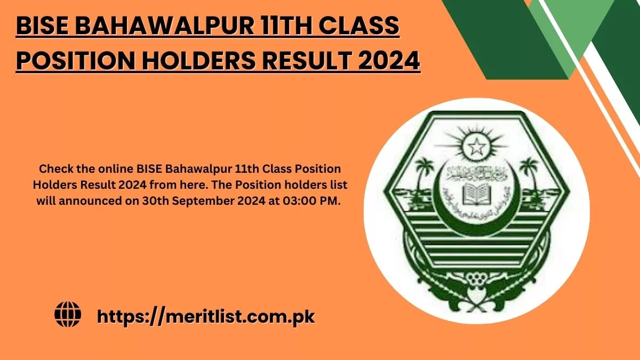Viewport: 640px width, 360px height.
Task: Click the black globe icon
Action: click(68, 314)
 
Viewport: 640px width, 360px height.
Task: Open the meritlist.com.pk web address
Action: click(206, 316)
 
